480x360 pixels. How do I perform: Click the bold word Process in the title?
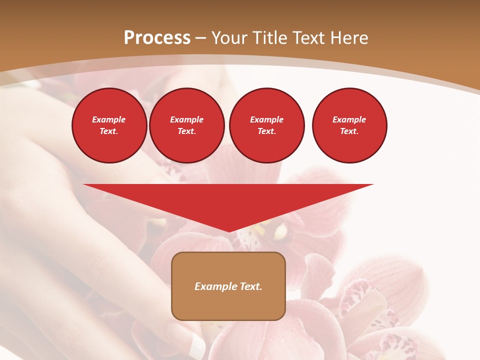157,38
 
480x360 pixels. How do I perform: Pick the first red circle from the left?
109,125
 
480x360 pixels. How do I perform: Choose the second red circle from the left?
187,125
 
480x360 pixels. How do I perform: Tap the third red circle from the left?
266,125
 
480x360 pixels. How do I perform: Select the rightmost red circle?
349,125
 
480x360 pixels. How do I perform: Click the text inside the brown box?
228,286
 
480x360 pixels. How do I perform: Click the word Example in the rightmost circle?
349,119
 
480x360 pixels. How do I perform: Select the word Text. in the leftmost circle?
109,131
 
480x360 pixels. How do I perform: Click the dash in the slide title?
200,38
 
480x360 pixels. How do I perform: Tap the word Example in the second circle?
187,119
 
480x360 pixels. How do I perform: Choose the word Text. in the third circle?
267,131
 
